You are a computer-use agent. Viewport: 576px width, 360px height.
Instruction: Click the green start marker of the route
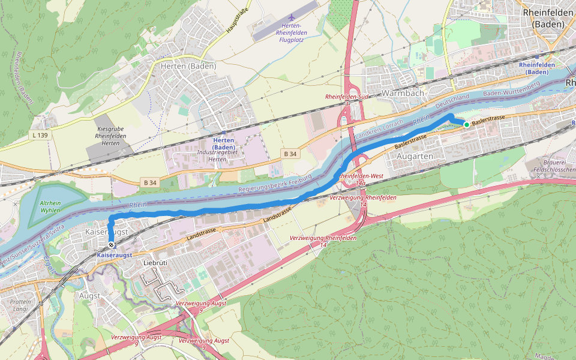tap(466, 124)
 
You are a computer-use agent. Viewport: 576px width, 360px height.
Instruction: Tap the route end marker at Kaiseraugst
tap(112, 245)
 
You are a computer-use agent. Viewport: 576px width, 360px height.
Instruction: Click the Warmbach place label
tap(403, 93)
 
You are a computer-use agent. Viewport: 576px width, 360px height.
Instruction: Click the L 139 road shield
tap(40, 136)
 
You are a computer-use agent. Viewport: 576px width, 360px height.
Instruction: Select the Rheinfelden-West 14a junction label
tap(360, 179)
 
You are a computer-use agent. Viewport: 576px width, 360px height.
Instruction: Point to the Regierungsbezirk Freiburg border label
tap(275, 184)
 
